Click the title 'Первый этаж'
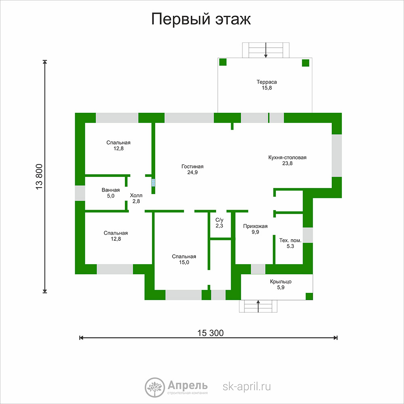(x=201, y=19)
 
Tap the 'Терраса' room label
(x=267, y=82)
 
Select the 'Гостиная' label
(x=192, y=166)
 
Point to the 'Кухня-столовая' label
(x=287, y=158)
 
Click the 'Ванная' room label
(x=111, y=190)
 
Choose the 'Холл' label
(x=136, y=195)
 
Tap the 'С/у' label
(x=219, y=220)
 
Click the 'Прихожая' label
(x=255, y=226)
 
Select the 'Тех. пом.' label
(x=290, y=240)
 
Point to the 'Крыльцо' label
(x=281, y=282)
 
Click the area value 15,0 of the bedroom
(x=184, y=262)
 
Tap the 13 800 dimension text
(x=39, y=177)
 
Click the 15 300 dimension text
(x=210, y=333)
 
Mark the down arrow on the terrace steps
(x=266, y=50)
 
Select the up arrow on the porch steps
(x=258, y=306)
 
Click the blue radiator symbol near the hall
(x=153, y=183)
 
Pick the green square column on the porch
(x=309, y=296)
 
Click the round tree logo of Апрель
(x=155, y=387)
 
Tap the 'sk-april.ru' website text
(x=246, y=387)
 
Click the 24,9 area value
(x=192, y=173)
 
